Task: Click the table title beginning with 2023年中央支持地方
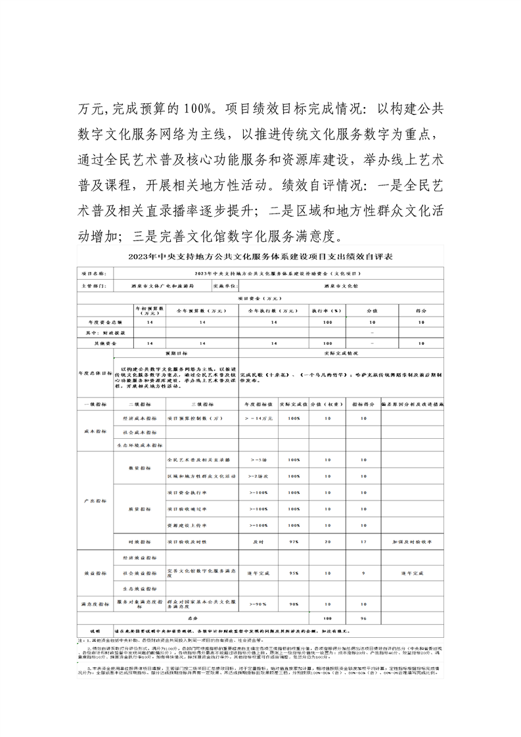261,256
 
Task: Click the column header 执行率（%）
327,309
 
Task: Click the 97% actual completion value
294,542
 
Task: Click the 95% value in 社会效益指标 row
294,573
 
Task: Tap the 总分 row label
192,618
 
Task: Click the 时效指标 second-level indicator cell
139,542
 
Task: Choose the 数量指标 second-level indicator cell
139,468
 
